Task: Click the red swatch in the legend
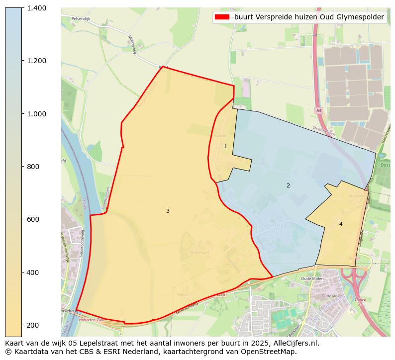(x=222, y=17)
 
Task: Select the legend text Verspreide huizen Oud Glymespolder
(x=309, y=17)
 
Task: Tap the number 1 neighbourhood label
(x=225, y=146)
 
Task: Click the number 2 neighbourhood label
(x=288, y=185)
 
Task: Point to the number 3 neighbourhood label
(x=168, y=211)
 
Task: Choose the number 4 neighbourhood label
(x=341, y=224)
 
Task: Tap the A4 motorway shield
(x=319, y=110)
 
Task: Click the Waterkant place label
(x=199, y=253)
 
